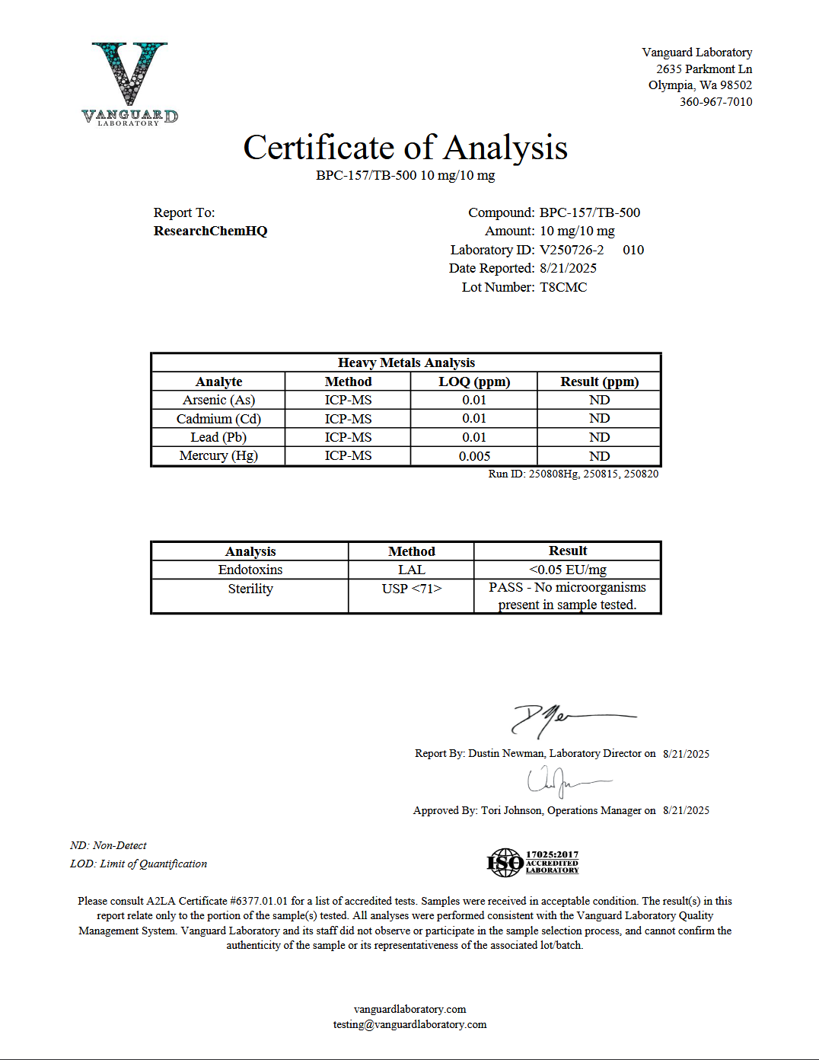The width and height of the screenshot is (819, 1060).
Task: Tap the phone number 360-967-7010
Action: [x=715, y=102]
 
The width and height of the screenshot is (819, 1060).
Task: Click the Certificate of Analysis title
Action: [x=405, y=148]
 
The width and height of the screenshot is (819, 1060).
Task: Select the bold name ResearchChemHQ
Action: [x=210, y=231]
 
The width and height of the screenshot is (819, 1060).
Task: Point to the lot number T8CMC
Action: [x=563, y=287]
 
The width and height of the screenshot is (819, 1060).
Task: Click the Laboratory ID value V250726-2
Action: [x=572, y=250]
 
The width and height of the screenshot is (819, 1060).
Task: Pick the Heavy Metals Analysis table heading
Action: [x=406, y=362]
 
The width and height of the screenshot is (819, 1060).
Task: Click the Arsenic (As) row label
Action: [x=218, y=400]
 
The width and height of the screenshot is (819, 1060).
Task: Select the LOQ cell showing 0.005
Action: [x=474, y=456]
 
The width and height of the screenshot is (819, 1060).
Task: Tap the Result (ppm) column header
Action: [x=599, y=382]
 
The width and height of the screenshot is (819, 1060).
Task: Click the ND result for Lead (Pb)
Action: [x=599, y=437]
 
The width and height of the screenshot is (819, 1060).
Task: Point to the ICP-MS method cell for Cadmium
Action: [x=348, y=419]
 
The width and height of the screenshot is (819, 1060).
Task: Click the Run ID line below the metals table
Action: [x=573, y=474]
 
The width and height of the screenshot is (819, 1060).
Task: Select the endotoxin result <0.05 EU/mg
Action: [x=568, y=570]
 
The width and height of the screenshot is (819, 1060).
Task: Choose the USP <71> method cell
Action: [x=411, y=589]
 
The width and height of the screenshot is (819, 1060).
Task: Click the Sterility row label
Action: [x=250, y=589]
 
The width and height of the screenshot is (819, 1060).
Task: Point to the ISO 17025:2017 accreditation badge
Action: [x=533, y=862]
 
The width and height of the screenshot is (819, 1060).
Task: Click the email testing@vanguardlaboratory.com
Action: [x=409, y=1024]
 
